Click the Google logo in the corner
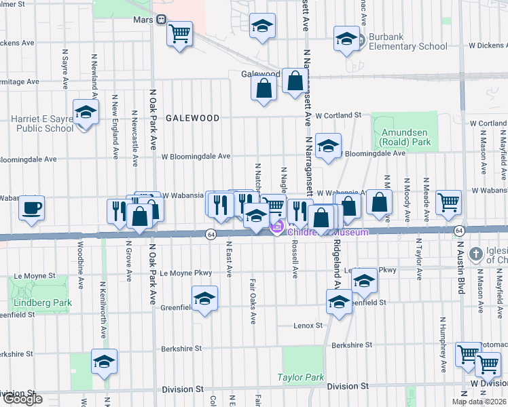[22, 399]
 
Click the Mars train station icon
[162, 20]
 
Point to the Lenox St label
[308, 326]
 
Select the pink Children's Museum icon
[277, 229]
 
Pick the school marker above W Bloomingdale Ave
[328, 145]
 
